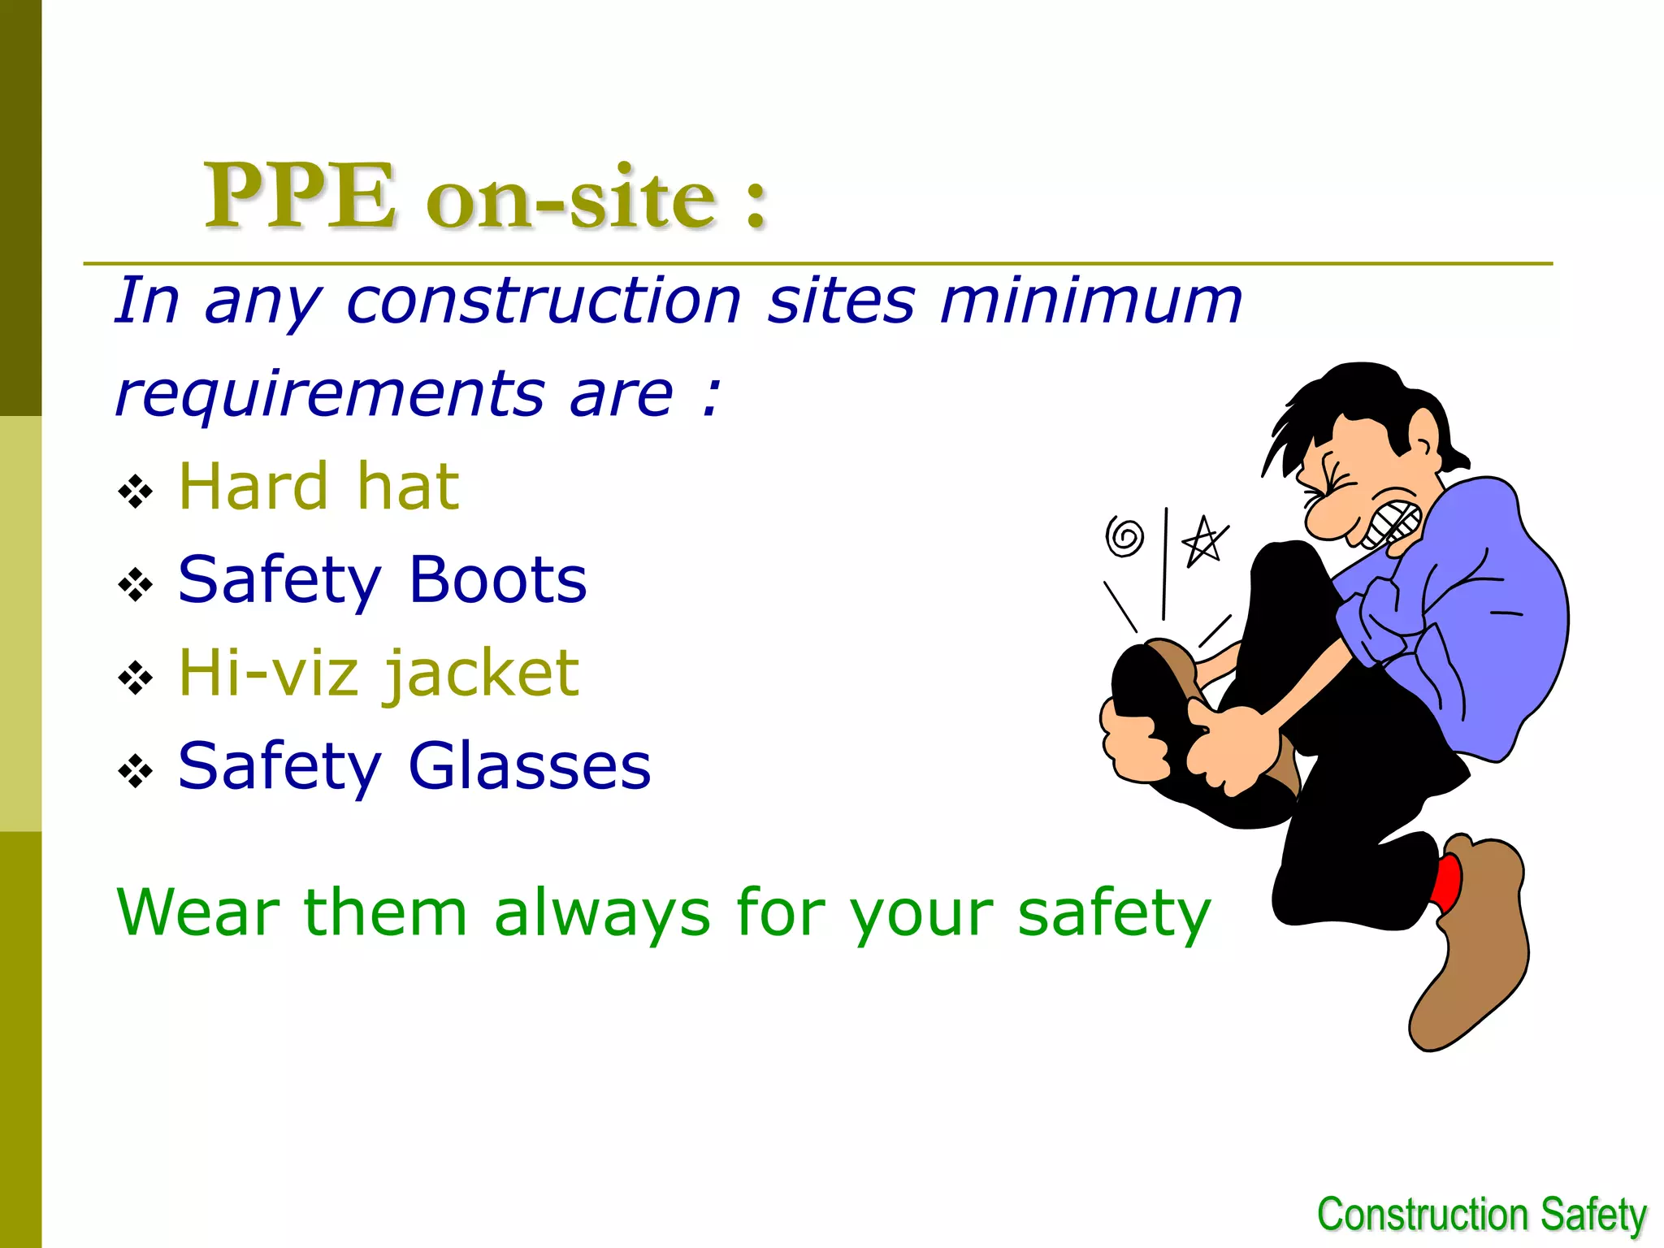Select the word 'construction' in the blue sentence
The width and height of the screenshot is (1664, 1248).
click(x=544, y=301)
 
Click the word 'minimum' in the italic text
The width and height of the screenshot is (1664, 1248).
click(x=1090, y=301)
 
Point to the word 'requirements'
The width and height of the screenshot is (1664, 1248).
click(x=330, y=395)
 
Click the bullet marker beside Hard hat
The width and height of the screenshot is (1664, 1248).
click(x=135, y=492)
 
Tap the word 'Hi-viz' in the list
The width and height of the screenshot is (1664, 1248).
click(x=266, y=674)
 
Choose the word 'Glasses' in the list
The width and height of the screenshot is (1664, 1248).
click(x=529, y=766)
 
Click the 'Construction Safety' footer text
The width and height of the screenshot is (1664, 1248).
click(x=1481, y=1215)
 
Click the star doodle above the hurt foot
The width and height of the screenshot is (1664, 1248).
click(x=1203, y=540)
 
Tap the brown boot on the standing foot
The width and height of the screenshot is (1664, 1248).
click(x=1475, y=942)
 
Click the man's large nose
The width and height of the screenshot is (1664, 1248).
click(x=1326, y=515)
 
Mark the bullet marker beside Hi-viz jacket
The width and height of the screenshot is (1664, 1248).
click(x=135, y=678)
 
